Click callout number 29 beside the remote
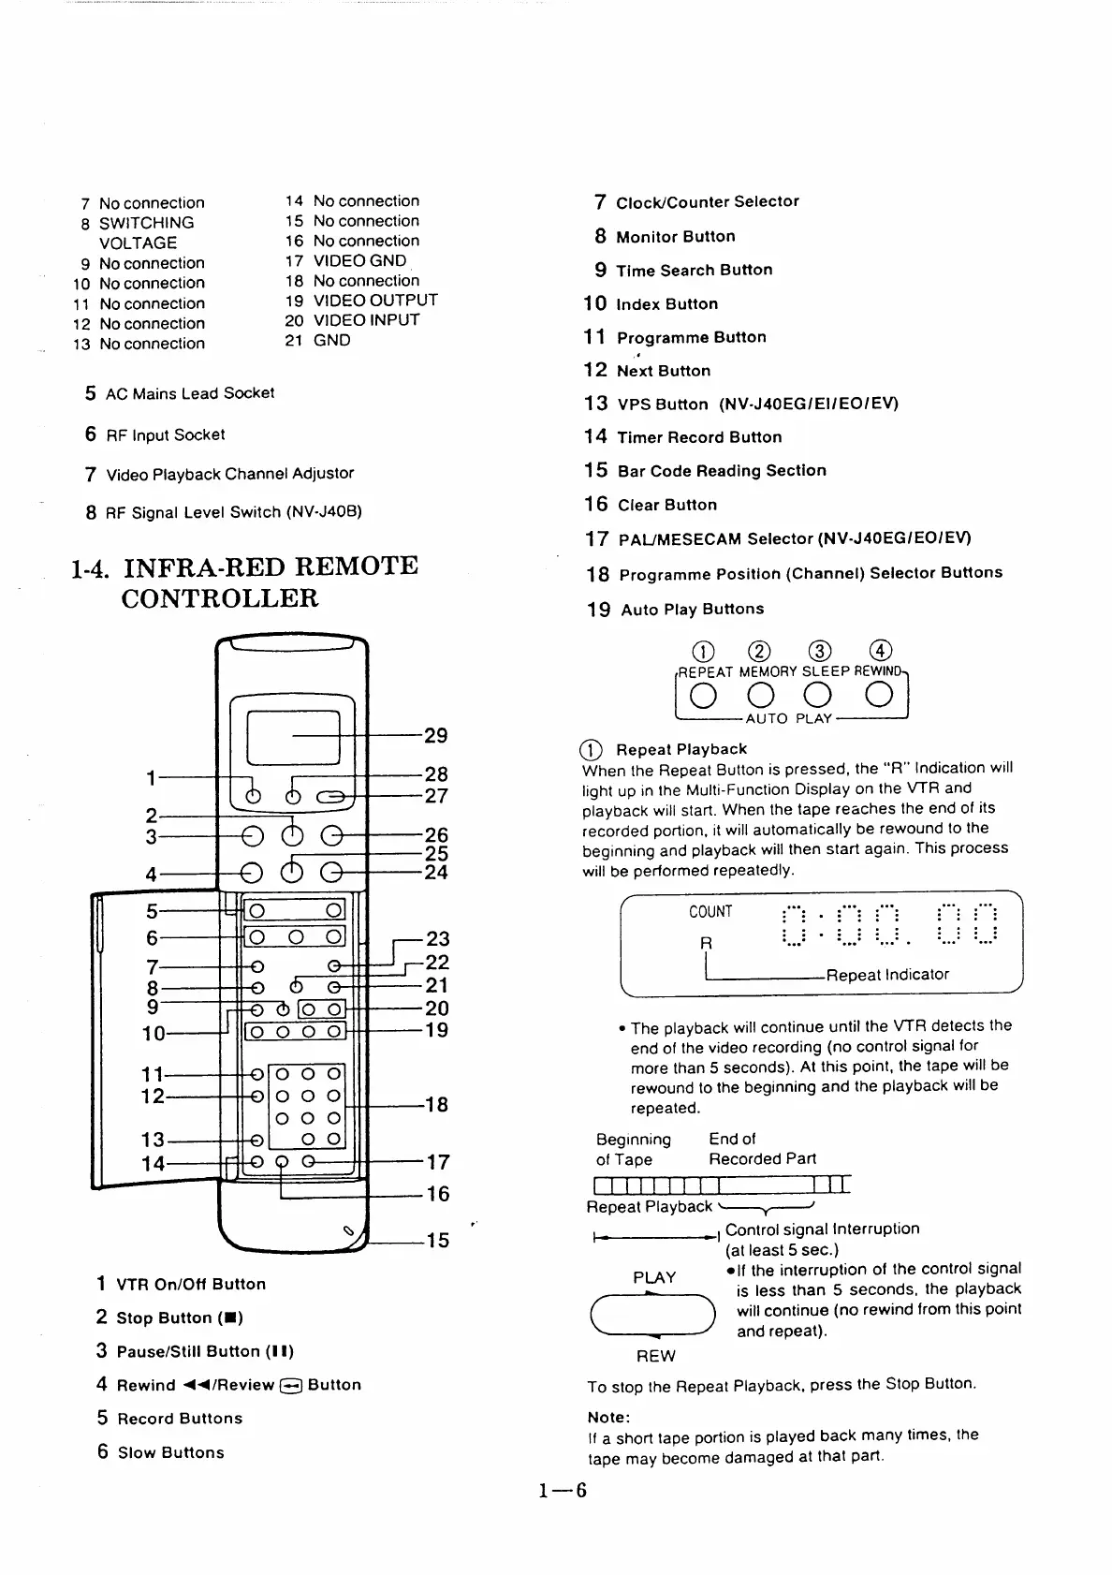pyautogui.click(x=436, y=736)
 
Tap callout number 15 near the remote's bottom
pyautogui.click(x=437, y=1241)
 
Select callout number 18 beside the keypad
pyautogui.click(x=436, y=1105)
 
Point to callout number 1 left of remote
pyautogui.click(x=151, y=777)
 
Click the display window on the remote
pyautogui.click(x=292, y=737)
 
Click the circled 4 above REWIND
pyautogui.click(x=880, y=651)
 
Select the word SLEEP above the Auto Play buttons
pyautogui.click(x=826, y=671)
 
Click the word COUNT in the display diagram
pyautogui.click(x=710, y=912)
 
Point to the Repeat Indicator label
pyautogui.click(x=887, y=975)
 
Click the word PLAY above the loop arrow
pyautogui.click(x=654, y=1277)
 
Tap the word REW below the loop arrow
pyautogui.click(x=655, y=1356)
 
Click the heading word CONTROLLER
pyautogui.click(x=220, y=598)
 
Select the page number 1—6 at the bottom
pyautogui.click(x=562, y=1490)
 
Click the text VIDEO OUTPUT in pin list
pyautogui.click(x=375, y=301)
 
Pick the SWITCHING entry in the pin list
pyautogui.click(x=147, y=223)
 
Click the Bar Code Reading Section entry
pyautogui.click(x=722, y=471)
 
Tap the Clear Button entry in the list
pyautogui.click(x=667, y=506)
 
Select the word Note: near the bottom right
pyautogui.click(x=608, y=1417)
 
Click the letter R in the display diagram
pyautogui.click(x=707, y=943)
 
